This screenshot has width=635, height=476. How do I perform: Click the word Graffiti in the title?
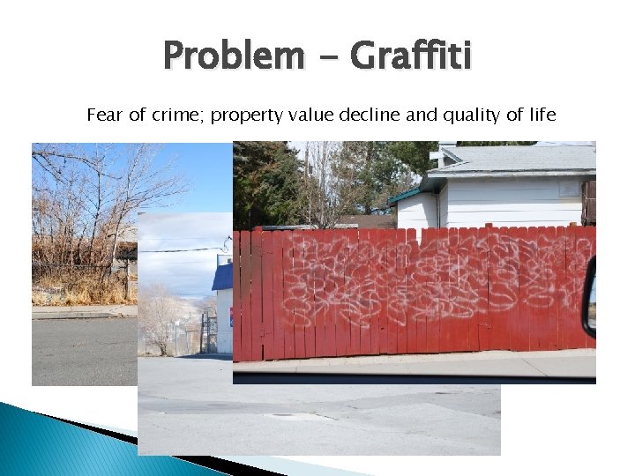411,56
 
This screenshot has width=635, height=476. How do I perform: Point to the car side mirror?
589,295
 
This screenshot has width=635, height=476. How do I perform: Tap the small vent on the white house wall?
569,188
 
